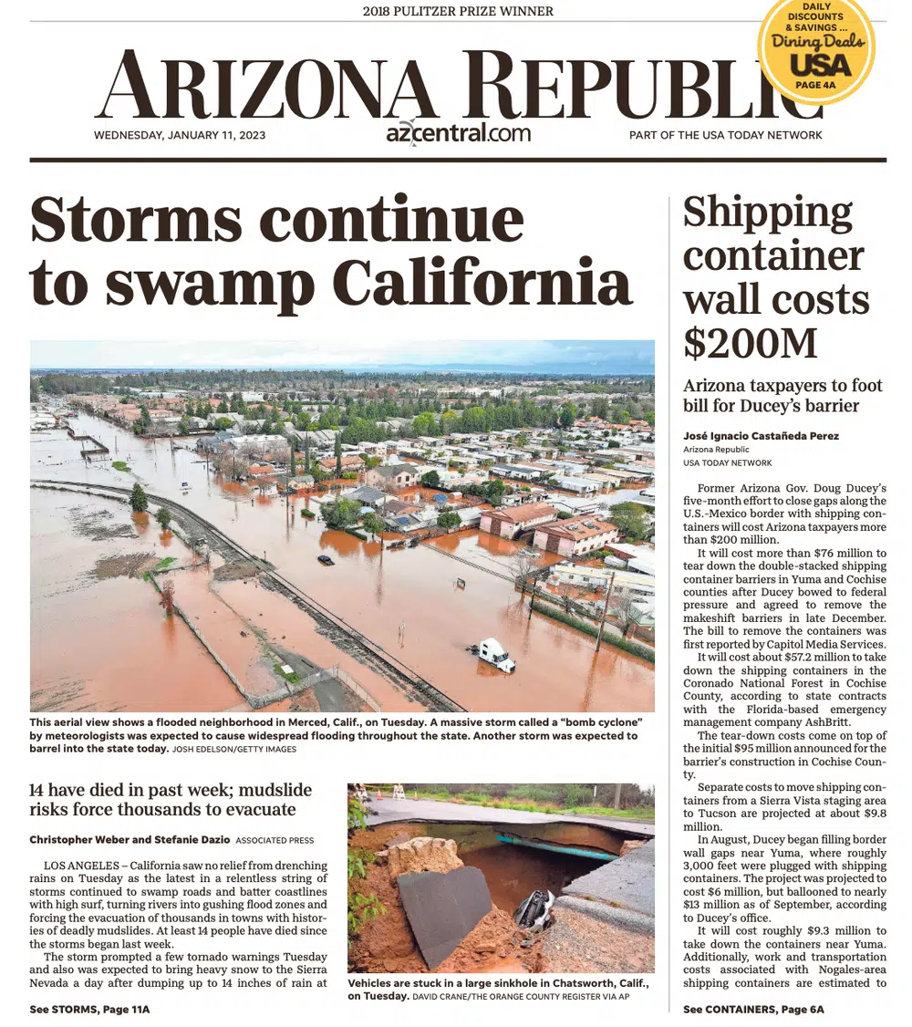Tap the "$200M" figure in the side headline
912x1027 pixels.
(751, 342)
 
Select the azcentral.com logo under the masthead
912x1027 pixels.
(458, 133)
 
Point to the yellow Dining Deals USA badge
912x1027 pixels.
(817, 50)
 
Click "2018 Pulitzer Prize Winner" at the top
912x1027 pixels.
(458, 12)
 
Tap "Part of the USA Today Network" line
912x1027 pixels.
(725, 135)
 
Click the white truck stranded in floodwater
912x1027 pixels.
(494, 654)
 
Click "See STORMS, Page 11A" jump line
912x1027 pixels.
(89, 1009)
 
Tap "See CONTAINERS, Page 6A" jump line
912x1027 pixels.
(753, 1009)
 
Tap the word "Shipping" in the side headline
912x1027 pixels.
(767, 213)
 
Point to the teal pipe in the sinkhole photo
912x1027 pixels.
(556, 847)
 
